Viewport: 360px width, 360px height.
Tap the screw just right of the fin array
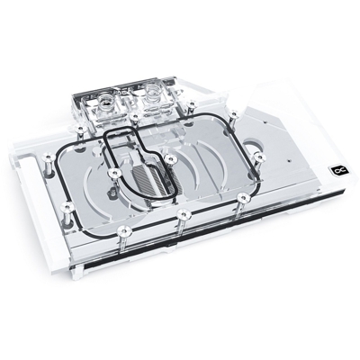tap(169, 159)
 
